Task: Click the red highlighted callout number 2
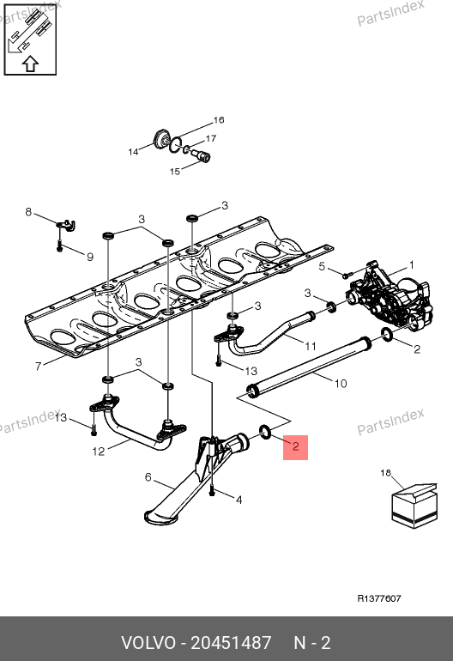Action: point(295,446)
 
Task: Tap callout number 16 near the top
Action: point(219,120)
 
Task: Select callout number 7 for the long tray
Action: point(39,366)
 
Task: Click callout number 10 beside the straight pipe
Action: point(341,384)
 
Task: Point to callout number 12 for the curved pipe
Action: point(98,452)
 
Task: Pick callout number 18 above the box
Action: point(385,473)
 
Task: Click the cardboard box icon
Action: point(414,505)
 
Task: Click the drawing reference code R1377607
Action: point(379,598)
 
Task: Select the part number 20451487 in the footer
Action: point(231,643)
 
